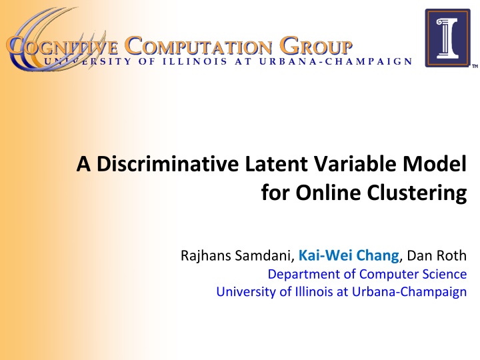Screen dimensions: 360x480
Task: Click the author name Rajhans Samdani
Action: point(237,255)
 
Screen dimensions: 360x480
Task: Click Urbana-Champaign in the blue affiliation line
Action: point(409,291)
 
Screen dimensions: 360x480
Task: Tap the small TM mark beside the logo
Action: point(475,67)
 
